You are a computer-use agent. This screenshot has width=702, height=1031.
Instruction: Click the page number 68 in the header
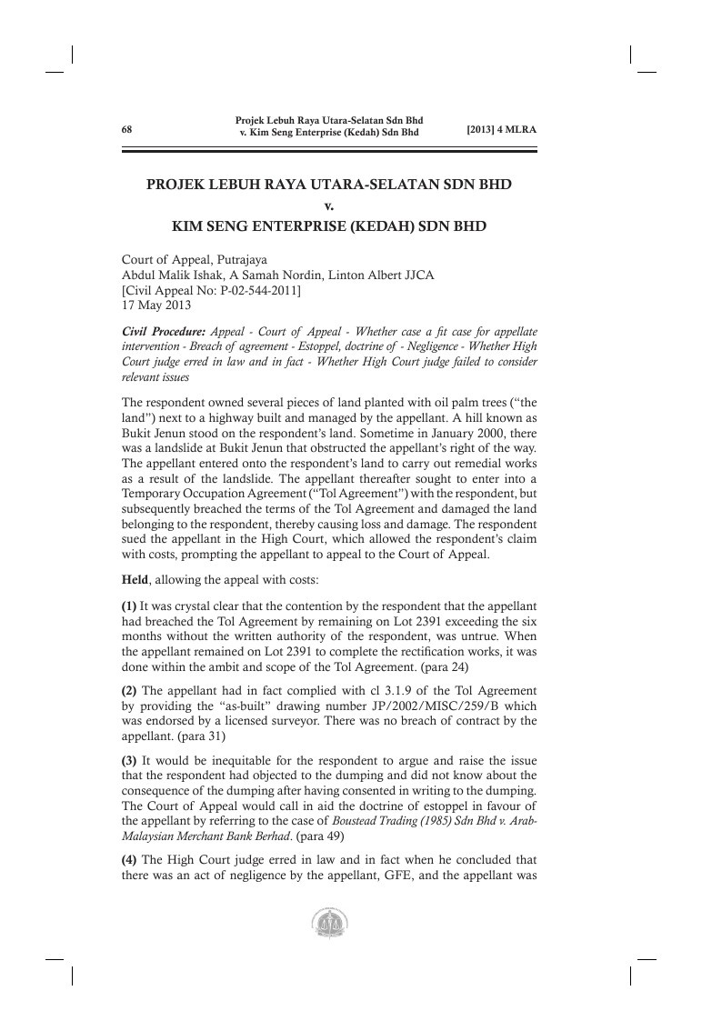pyautogui.click(x=127, y=129)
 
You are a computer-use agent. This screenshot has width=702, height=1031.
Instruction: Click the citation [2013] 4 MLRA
pyautogui.click(x=501, y=129)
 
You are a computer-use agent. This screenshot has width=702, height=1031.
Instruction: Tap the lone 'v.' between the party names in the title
pyautogui.click(x=329, y=204)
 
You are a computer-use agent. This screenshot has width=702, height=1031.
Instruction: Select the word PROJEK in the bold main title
pyautogui.click(x=178, y=185)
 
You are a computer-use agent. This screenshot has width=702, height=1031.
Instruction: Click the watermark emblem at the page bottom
pyautogui.click(x=328, y=925)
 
